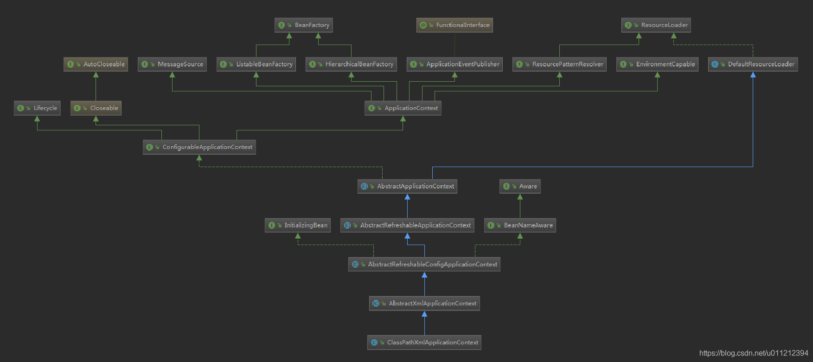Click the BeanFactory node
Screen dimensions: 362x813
(x=304, y=25)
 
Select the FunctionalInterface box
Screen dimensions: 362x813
(x=455, y=25)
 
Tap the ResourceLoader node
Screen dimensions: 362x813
(x=656, y=25)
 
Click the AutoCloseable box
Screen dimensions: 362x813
(x=96, y=64)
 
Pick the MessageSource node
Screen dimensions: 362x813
(x=172, y=64)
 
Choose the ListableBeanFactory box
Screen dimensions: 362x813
(x=256, y=64)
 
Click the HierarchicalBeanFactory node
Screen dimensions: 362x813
(x=351, y=64)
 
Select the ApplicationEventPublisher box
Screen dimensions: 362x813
(x=455, y=64)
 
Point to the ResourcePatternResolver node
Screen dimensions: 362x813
(x=559, y=64)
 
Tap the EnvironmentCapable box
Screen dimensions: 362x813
(x=657, y=64)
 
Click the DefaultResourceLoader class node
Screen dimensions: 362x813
(x=753, y=64)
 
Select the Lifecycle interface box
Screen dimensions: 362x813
(x=37, y=108)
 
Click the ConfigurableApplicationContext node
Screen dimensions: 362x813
(x=199, y=147)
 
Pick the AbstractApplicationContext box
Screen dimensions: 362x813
(x=407, y=186)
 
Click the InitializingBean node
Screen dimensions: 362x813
(x=298, y=225)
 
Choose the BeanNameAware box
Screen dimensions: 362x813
(x=520, y=225)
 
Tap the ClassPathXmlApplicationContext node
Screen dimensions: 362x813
(x=424, y=343)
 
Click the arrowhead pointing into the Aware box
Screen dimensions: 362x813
(x=520, y=197)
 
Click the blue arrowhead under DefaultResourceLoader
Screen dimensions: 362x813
(x=753, y=75)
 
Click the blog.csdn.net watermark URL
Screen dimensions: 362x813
(x=753, y=353)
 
